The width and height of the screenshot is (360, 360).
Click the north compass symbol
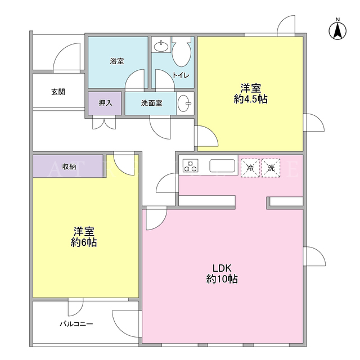337,30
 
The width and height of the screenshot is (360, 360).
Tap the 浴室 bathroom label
117,61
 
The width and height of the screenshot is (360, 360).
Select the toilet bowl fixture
181,52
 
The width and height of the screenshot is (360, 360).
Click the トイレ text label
181,75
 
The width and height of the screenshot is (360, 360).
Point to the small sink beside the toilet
161,47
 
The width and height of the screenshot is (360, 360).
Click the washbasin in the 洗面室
184,103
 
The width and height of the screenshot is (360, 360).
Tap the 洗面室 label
151,103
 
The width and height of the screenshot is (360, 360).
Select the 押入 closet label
105,103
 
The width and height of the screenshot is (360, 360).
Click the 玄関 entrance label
58,92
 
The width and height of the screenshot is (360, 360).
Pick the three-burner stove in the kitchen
191,166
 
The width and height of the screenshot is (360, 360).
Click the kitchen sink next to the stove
222,166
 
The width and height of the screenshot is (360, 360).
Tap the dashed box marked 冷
250,168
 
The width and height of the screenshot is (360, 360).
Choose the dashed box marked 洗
271,168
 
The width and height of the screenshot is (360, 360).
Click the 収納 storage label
69,166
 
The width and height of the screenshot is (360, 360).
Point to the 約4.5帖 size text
250,99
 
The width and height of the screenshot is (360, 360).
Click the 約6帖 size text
84,242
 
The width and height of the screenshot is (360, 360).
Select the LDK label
222,268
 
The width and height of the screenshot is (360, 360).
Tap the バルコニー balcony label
76,324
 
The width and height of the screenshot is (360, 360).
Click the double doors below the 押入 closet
104,123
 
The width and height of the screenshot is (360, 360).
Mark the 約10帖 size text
222,279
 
